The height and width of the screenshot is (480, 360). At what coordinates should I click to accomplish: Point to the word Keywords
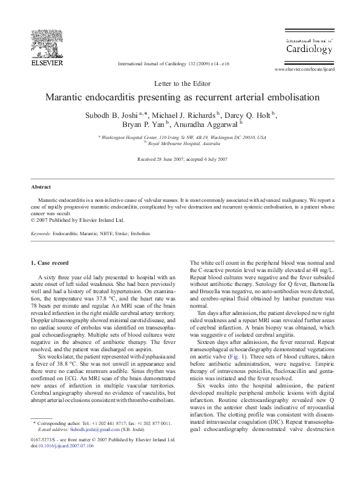point(41,233)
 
